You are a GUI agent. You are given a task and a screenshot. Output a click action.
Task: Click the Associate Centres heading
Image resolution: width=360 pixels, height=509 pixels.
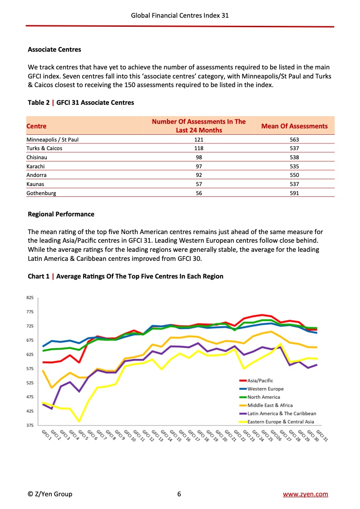tap(54, 49)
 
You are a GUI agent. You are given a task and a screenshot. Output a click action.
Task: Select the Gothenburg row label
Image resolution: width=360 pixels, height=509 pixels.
tap(42, 192)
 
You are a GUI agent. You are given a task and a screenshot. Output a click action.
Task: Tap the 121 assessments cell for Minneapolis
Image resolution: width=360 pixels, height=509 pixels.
tap(198, 140)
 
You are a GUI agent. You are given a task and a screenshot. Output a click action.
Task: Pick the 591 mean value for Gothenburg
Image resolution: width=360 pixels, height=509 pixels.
tap(294, 192)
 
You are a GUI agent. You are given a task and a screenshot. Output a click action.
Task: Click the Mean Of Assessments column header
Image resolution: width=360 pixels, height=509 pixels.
tap(294, 126)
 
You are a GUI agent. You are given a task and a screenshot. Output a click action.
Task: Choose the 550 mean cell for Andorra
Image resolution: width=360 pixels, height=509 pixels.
tap(294, 175)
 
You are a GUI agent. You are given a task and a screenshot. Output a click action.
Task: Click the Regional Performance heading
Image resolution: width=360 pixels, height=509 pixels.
tap(61, 214)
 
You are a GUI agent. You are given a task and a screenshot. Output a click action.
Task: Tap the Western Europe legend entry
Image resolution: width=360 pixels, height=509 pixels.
tap(265, 389)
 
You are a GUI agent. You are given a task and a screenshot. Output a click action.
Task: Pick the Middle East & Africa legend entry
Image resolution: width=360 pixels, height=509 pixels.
tap(270, 405)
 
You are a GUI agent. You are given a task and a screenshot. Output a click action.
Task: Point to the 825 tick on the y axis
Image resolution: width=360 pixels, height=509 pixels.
tap(30, 298)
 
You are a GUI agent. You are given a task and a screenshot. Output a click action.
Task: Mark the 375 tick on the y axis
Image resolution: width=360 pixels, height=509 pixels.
tap(30, 425)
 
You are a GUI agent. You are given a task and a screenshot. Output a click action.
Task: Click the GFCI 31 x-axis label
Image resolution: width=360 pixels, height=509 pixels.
tap(322, 436)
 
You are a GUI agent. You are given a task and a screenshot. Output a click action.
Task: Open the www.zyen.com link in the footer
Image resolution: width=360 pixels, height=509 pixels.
tap(305, 494)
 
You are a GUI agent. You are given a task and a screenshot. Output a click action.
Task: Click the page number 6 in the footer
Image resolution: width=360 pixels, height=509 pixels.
tap(179, 494)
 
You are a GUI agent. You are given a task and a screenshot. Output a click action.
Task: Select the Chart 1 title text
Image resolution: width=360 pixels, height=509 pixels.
tap(125, 276)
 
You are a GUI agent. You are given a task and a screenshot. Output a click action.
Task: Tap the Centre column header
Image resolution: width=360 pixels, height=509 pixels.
tap(36, 126)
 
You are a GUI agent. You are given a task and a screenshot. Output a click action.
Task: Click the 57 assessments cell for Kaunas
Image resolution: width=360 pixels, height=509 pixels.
tap(198, 184)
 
